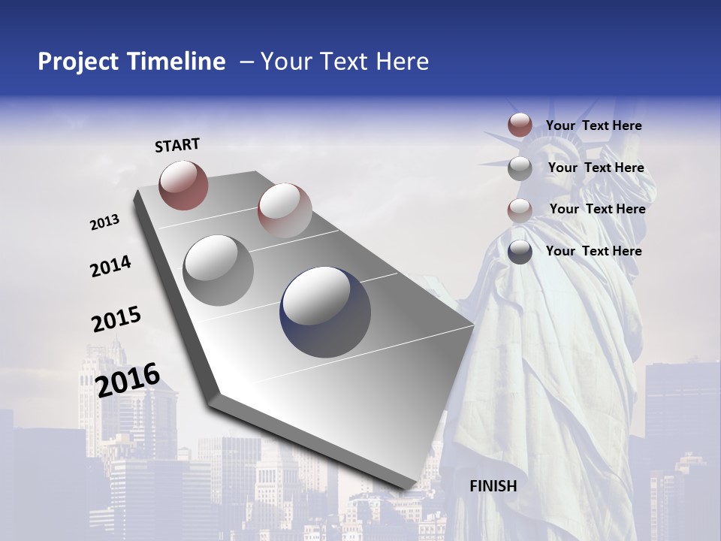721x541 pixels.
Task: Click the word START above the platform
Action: [x=177, y=145]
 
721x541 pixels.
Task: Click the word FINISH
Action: [x=493, y=486]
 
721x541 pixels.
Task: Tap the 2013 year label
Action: [x=105, y=222]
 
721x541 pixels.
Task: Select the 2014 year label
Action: [x=111, y=266]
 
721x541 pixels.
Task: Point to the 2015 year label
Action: [x=116, y=319]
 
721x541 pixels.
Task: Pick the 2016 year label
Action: [x=128, y=379]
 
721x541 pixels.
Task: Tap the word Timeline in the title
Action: [x=177, y=62]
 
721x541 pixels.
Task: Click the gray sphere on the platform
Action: [x=219, y=270]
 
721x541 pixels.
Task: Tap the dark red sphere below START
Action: [x=183, y=185]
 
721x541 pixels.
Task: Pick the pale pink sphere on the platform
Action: [x=285, y=210]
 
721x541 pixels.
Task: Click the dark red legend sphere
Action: [x=520, y=125]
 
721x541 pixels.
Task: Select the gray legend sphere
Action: [x=520, y=168]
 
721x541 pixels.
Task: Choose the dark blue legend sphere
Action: [x=520, y=252]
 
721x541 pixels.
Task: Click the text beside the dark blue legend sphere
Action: [x=593, y=251]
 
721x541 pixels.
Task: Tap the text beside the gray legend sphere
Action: [x=596, y=168]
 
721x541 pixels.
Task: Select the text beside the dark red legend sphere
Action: [x=593, y=125]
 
